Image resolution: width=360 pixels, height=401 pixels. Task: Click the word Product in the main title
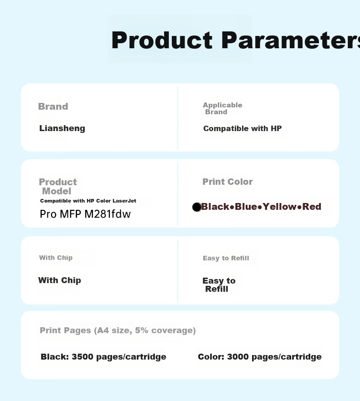pyautogui.click(x=162, y=41)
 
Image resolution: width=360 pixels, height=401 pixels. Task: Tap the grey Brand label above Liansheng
pyautogui.click(x=53, y=107)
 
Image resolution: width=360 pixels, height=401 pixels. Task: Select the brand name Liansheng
pyautogui.click(x=62, y=128)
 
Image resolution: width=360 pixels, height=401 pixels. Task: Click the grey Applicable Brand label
pyautogui.click(x=222, y=108)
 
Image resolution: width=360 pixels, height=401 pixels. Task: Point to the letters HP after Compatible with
pyautogui.click(x=276, y=128)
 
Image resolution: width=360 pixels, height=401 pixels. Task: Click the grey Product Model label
pyautogui.click(x=57, y=187)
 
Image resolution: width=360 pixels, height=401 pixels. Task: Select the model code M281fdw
pyautogui.click(x=108, y=214)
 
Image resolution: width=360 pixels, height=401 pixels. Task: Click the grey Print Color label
pyautogui.click(x=227, y=182)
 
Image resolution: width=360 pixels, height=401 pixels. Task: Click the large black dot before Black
pyautogui.click(x=197, y=207)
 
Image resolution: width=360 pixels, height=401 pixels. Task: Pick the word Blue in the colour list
pyautogui.click(x=246, y=207)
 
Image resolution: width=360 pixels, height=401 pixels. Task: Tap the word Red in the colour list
pyautogui.click(x=312, y=207)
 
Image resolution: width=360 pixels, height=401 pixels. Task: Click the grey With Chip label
pyautogui.click(x=56, y=258)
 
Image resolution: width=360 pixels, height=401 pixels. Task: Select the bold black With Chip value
pyautogui.click(x=60, y=280)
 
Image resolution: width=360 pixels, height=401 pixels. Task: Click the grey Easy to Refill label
pyautogui.click(x=226, y=258)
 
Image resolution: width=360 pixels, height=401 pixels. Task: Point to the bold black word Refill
pyautogui.click(x=216, y=289)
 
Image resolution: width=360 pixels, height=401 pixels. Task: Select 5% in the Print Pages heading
pyautogui.click(x=142, y=330)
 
